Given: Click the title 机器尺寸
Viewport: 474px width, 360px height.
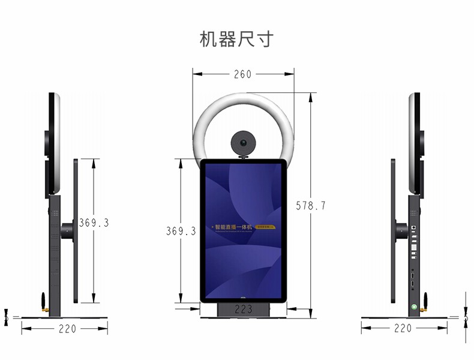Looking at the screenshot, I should (236, 39).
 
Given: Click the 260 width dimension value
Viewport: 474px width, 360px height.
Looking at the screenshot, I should (242, 74).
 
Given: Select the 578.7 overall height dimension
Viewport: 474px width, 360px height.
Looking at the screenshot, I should (311, 206).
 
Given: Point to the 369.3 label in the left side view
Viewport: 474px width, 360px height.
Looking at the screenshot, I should (94, 223).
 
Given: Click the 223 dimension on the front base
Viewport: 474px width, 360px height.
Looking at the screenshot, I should (243, 310).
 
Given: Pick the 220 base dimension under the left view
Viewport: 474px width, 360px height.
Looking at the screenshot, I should (64, 328).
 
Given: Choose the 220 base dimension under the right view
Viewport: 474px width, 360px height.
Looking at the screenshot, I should (403, 328).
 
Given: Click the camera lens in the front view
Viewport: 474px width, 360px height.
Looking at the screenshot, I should (243, 143).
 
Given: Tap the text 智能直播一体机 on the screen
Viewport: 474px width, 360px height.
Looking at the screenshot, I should (235, 227).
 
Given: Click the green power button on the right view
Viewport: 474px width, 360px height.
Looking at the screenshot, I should (414, 307).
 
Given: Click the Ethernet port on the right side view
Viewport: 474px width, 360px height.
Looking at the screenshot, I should (414, 228).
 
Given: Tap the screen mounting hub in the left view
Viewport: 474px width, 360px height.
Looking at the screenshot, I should (67, 231).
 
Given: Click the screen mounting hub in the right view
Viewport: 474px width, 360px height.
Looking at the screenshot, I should (401, 231).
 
